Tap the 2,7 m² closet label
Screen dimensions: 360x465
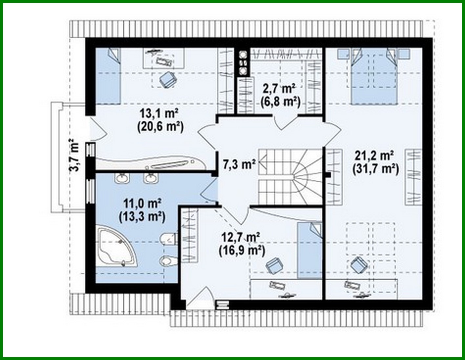279,88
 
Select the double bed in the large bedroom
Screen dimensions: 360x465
372,75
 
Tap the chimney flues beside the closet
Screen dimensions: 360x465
243,62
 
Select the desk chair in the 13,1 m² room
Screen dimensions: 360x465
168,79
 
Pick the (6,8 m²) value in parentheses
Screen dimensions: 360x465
281,102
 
